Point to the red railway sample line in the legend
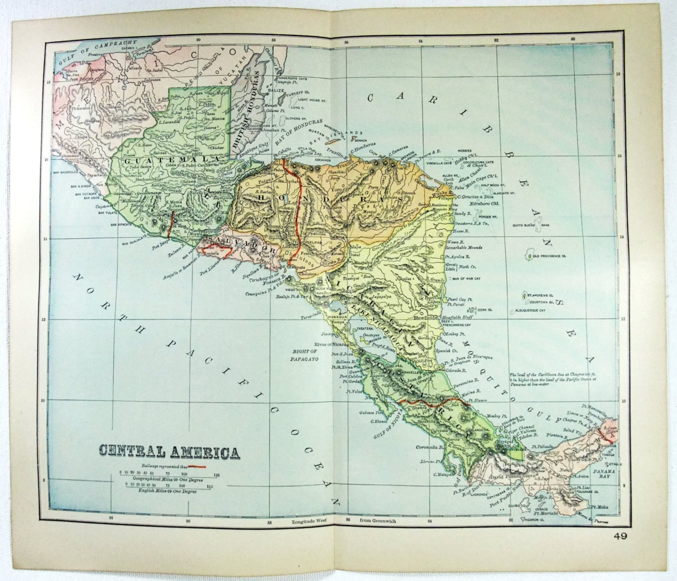click(x=197, y=466)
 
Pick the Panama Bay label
click(x=605, y=474)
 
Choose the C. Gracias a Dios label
click(x=478, y=197)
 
